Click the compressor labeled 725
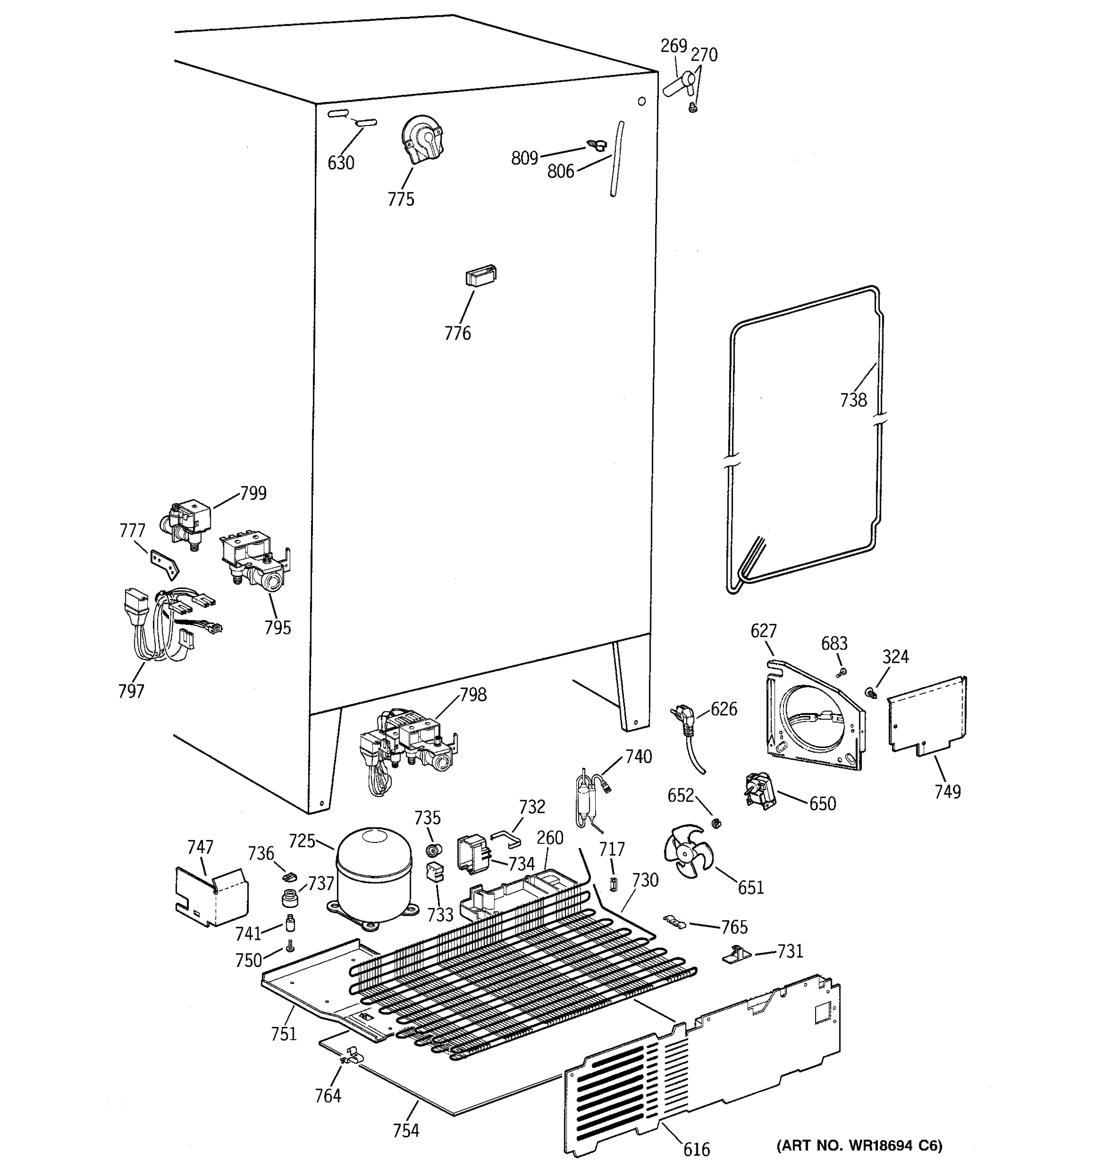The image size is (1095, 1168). pyautogui.click(x=374, y=876)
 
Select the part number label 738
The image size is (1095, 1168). pyautogui.click(x=853, y=400)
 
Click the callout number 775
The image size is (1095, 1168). pyautogui.click(x=401, y=200)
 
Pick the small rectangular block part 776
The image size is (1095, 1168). pyautogui.click(x=480, y=275)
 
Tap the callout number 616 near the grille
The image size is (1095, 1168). pyautogui.click(x=696, y=1149)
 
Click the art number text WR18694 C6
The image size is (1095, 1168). pyautogui.click(x=859, y=1145)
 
